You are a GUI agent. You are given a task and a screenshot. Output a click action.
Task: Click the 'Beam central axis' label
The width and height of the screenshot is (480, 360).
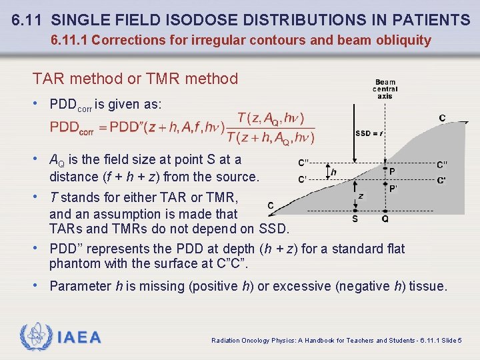385,89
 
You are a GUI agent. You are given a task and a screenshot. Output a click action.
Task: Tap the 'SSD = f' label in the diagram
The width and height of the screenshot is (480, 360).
369,133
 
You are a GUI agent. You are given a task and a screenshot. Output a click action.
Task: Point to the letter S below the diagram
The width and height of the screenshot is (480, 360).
355,219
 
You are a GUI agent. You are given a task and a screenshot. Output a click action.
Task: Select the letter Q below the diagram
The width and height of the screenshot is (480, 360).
385,219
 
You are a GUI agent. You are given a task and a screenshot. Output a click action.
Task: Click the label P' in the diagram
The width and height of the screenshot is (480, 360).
394,189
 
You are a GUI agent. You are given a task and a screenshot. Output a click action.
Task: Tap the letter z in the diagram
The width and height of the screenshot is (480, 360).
360,196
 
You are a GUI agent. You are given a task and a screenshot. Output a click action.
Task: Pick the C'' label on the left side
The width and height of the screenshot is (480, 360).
304,163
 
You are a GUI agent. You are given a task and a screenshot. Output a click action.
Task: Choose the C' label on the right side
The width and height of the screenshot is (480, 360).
442,180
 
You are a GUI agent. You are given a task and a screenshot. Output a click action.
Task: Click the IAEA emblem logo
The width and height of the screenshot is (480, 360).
35,337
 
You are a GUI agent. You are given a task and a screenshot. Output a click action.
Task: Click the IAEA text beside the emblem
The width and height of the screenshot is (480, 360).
79,337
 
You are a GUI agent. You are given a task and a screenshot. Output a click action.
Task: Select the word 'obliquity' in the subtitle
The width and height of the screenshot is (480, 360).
403,40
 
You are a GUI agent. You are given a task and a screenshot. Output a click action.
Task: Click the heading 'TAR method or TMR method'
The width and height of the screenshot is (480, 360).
135,79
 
